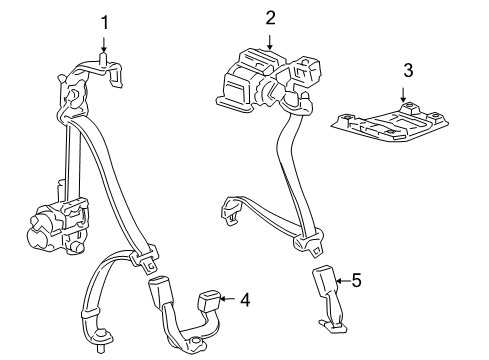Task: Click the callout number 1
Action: [105, 23]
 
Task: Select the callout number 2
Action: [270, 18]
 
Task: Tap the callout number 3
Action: [408, 70]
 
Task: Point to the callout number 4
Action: [245, 300]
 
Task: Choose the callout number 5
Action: [356, 280]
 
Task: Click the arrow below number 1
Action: [104, 45]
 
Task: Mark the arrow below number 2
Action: [270, 42]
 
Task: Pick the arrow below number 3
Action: [403, 94]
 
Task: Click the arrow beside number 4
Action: [228, 298]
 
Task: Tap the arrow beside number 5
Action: [343, 281]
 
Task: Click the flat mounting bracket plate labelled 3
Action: [390, 123]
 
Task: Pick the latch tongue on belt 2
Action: [309, 244]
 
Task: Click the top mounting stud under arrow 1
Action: [104, 59]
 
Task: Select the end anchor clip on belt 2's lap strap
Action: [231, 210]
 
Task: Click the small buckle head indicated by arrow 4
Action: [209, 300]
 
